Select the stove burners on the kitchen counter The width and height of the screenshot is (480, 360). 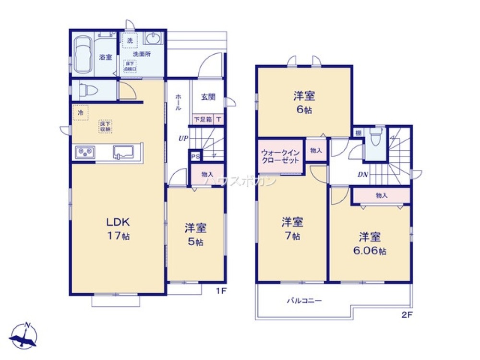point(85,153)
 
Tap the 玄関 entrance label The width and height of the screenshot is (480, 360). point(208,96)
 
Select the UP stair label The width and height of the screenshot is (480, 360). point(183,139)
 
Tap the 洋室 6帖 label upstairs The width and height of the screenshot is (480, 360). point(303,102)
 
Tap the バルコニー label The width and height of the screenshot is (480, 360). point(304,301)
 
